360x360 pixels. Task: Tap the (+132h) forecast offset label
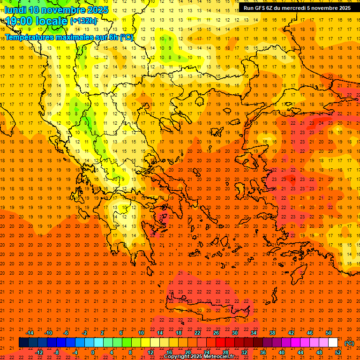(x=83, y=21)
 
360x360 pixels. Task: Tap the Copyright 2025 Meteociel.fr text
(x=199, y=357)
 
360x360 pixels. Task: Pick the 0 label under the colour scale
(x=93, y=352)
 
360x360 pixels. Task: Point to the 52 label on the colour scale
(x=338, y=352)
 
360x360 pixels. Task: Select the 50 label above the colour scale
(x=329, y=333)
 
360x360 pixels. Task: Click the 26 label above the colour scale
(x=216, y=333)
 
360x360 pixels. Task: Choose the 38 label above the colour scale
(x=272, y=333)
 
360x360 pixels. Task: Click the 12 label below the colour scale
(x=150, y=352)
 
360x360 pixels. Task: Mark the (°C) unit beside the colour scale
(x=349, y=343)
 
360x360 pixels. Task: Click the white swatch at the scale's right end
(x=333, y=343)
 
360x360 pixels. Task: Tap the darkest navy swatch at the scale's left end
(x=23, y=343)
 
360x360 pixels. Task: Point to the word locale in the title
(x=52, y=21)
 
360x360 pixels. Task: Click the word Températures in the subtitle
(x=28, y=37)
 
